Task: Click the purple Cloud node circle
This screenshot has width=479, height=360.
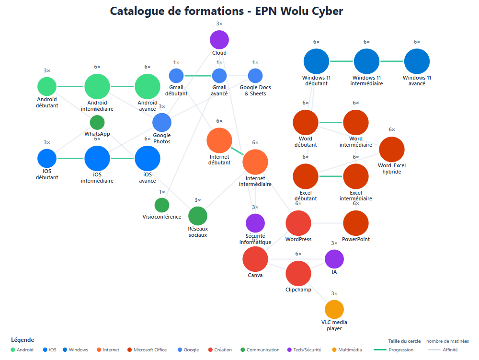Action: (x=219, y=40)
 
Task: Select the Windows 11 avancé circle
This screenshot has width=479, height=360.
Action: (x=417, y=61)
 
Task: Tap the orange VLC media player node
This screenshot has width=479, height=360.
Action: (x=334, y=309)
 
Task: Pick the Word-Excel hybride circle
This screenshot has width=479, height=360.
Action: (x=392, y=150)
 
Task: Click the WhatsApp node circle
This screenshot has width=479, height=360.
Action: (x=97, y=122)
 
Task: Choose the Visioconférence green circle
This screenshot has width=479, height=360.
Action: (x=162, y=205)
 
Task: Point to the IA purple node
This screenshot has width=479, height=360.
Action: (x=334, y=259)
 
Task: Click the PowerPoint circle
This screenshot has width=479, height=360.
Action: (x=356, y=223)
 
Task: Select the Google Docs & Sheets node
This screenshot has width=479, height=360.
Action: (x=255, y=76)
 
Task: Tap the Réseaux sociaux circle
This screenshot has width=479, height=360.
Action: (x=198, y=216)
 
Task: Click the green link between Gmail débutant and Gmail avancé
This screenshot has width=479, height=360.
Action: (x=198, y=76)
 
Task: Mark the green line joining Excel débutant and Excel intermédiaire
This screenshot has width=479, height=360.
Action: (x=331, y=176)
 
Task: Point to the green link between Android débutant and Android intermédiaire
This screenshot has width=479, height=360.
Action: (x=70, y=86)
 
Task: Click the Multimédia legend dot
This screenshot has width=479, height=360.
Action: (x=334, y=350)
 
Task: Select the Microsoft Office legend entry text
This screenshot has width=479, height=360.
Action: (x=150, y=350)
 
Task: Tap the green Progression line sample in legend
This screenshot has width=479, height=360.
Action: (x=379, y=350)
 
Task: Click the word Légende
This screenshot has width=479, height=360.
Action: (x=23, y=340)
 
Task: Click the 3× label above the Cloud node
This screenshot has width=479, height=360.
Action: (x=219, y=23)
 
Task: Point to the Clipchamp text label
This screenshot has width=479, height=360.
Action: (x=298, y=290)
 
